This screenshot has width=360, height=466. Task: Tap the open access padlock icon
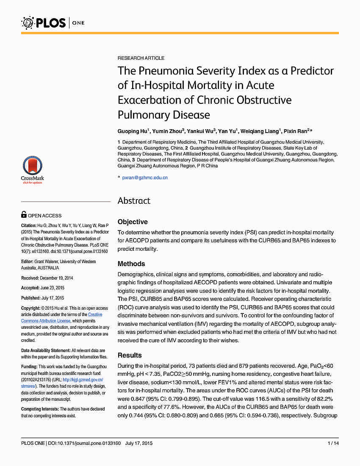tap(24, 215)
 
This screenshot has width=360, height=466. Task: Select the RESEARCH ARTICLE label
tap(141, 58)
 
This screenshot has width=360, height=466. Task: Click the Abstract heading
tap(134, 200)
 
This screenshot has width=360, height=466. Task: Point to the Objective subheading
tap(133, 222)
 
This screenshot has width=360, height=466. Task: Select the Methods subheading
tap(131, 264)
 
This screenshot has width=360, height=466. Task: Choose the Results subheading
tap(130, 355)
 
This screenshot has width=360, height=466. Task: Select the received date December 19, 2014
tap(56, 278)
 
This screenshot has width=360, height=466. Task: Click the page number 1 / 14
tap(333, 443)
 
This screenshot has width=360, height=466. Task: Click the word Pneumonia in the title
tap(163, 70)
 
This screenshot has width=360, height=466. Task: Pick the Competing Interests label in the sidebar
tap(40, 409)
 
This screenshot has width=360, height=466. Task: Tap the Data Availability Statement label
tap(46, 351)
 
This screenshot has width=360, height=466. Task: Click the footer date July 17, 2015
tap(139, 443)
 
